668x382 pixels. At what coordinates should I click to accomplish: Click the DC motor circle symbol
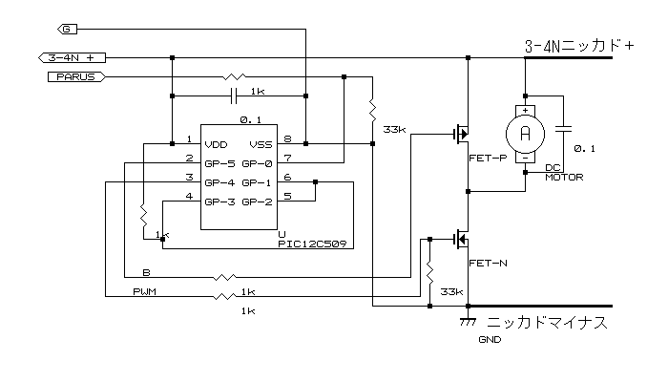coord(524,133)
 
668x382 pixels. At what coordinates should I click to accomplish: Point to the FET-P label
coord(489,159)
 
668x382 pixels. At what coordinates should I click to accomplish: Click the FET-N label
coord(489,262)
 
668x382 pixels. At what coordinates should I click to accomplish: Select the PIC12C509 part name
coord(310,244)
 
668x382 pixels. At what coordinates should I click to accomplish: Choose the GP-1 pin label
coord(258,181)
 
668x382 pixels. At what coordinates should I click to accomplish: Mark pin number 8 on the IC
coord(287,139)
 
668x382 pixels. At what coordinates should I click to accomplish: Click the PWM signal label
coord(146,291)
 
